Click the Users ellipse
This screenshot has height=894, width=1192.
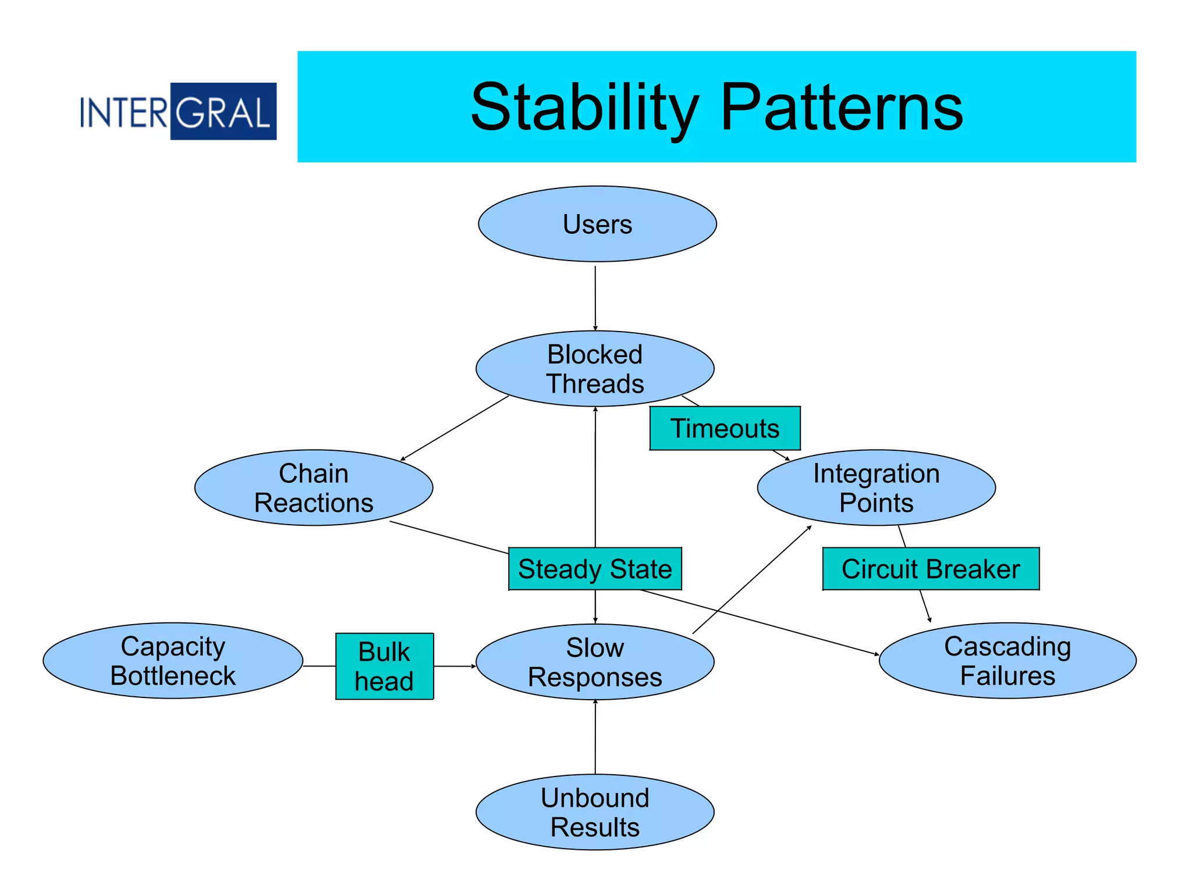pyautogui.click(x=597, y=224)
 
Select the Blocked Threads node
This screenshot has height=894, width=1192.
pyautogui.click(x=595, y=369)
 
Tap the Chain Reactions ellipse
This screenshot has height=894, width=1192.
pyautogui.click(x=314, y=487)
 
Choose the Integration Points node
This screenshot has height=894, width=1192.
pyautogui.click(x=876, y=487)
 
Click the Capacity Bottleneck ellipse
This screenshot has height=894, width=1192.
pyautogui.click(x=173, y=661)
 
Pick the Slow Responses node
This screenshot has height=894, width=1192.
pyautogui.click(x=595, y=662)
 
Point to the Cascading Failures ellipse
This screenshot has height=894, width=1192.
pyautogui.click(x=1007, y=661)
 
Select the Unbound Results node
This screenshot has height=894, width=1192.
pyautogui.click(x=595, y=812)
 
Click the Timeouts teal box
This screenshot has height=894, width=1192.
pyautogui.click(x=725, y=428)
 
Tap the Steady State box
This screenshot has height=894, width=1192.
pyautogui.click(x=595, y=569)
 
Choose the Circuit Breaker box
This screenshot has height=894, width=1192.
pyautogui.click(x=931, y=569)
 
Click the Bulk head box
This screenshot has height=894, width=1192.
pyautogui.click(x=384, y=666)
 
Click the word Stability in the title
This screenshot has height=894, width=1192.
pyautogui.click(x=584, y=108)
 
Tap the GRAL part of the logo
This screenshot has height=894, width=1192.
pyautogui.click(x=223, y=112)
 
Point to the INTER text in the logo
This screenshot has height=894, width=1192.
pyautogui.click(x=124, y=112)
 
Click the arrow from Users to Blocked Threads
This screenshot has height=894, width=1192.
pyautogui.click(x=595, y=298)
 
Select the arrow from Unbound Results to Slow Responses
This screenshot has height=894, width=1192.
pyautogui.click(x=595, y=738)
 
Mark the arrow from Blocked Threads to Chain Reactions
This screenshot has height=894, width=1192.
pyautogui.click(x=455, y=428)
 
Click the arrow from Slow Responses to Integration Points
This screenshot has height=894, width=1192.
pyautogui.click(x=752, y=579)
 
